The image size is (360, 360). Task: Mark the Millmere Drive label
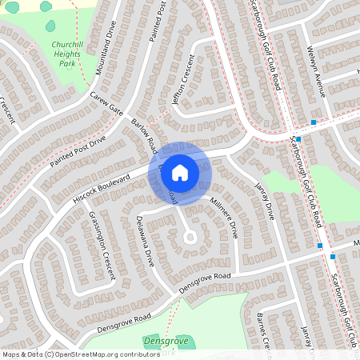click(x=224, y=218)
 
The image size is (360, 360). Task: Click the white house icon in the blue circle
click(x=181, y=172)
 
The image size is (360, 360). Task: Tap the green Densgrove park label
click(x=164, y=341)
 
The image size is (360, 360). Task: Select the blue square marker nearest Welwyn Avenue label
click(x=314, y=122)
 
